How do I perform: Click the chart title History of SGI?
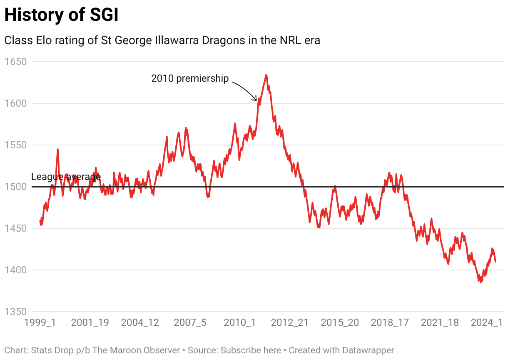61,15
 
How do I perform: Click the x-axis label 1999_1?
40,323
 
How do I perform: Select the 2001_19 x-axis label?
90,323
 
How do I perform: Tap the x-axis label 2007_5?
190,323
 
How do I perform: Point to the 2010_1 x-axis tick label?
240,323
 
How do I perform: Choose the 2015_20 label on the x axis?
340,323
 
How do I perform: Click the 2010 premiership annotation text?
190,78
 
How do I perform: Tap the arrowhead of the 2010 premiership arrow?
256,100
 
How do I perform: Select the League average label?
66,177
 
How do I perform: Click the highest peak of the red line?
266,75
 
